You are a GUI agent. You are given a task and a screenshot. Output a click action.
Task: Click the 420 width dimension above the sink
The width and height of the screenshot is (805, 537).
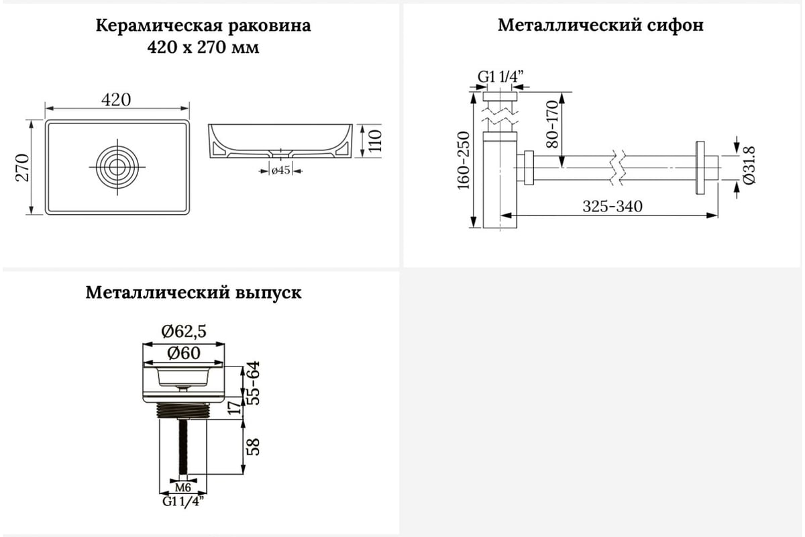[x=116, y=99]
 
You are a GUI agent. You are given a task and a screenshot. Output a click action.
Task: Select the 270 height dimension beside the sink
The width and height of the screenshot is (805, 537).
[x=23, y=168]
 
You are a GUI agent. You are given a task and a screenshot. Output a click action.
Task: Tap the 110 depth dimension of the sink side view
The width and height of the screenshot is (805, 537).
[x=375, y=141]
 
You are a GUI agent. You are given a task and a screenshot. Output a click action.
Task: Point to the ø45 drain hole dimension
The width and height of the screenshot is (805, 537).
[x=280, y=170]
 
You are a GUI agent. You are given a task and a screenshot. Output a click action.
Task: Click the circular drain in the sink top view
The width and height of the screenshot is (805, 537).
[x=117, y=167]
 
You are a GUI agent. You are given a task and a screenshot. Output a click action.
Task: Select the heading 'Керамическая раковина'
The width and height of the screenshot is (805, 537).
[x=203, y=26]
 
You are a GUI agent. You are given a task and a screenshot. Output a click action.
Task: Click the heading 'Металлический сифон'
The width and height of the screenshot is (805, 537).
[x=600, y=26]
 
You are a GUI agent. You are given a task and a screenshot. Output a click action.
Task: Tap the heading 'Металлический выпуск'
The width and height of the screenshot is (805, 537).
[x=193, y=293]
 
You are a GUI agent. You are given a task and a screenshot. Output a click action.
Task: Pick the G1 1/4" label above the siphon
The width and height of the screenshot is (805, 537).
[x=500, y=77]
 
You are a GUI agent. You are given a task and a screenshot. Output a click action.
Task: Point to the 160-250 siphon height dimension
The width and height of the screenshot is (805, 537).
[x=464, y=160]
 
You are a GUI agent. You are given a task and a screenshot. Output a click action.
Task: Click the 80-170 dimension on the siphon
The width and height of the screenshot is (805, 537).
[x=552, y=124]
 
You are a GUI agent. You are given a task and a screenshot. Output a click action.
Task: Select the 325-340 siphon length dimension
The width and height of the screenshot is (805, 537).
[x=612, y=207]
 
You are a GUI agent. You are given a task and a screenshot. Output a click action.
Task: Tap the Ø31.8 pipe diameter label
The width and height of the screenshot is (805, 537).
[x=749, y=165]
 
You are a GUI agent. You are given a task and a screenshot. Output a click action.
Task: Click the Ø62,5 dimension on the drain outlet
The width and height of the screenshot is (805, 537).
[x=184, y=332]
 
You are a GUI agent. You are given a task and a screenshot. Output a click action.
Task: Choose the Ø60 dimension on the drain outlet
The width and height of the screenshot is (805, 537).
[x=184, y=353]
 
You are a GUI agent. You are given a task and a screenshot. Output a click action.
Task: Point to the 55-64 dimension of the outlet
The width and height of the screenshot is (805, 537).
[x=254, y=383]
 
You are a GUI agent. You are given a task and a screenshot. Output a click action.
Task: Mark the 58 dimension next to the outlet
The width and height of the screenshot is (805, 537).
[x=254, y=447]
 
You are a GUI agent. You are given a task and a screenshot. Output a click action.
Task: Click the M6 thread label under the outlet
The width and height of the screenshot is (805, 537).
[x=183, y=488]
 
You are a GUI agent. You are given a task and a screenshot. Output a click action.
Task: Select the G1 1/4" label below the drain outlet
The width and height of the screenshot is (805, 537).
[x=183, y=501]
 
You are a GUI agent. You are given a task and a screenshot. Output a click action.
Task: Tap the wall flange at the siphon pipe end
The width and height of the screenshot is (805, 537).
[x=700, y=168]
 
